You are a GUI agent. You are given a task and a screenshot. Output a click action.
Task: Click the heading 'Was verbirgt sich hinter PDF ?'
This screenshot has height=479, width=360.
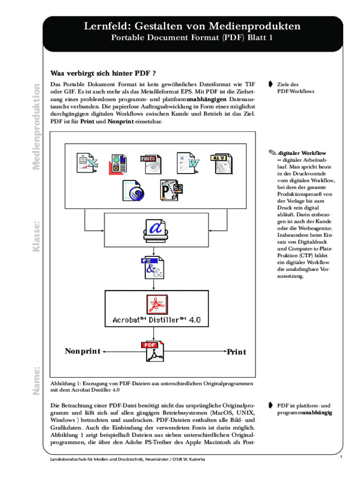103,73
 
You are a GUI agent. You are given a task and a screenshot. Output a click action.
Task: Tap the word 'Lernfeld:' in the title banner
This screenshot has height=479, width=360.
108,26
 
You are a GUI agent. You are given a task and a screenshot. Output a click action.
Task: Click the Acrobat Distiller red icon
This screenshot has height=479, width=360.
157,304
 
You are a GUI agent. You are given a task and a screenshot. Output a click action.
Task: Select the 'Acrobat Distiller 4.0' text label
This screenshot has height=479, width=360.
156,320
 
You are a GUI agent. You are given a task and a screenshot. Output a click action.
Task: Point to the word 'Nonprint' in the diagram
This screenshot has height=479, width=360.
82,351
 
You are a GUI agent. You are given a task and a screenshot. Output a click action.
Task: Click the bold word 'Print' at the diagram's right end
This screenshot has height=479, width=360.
236,352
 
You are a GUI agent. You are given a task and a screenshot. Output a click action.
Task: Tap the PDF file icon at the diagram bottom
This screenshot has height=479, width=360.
153,351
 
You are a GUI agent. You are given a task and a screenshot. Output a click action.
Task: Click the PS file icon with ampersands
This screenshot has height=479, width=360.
153,268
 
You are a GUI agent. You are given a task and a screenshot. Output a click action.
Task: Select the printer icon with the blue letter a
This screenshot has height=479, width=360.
156,230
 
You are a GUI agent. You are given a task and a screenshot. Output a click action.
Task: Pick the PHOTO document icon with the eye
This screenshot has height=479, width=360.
151,164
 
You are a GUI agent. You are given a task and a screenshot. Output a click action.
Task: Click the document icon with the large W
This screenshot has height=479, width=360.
188,163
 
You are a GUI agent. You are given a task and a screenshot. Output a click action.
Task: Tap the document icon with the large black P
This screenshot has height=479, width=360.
171,190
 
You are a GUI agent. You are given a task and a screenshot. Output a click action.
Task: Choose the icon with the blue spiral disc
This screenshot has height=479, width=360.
133,190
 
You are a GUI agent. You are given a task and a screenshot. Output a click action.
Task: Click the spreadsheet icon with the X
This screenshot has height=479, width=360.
87,163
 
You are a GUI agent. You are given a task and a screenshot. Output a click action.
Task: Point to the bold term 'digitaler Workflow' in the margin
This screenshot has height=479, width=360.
302,153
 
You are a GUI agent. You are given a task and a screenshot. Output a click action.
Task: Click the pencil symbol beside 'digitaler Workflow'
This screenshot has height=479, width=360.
273,152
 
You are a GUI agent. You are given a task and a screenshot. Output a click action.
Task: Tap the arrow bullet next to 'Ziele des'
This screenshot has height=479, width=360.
271,84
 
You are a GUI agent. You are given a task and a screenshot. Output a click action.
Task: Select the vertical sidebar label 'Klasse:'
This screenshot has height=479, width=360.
36,237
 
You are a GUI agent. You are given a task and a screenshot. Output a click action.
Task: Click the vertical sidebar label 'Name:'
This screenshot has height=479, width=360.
36,381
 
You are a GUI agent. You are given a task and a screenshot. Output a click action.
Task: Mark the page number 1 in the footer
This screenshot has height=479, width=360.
341,457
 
